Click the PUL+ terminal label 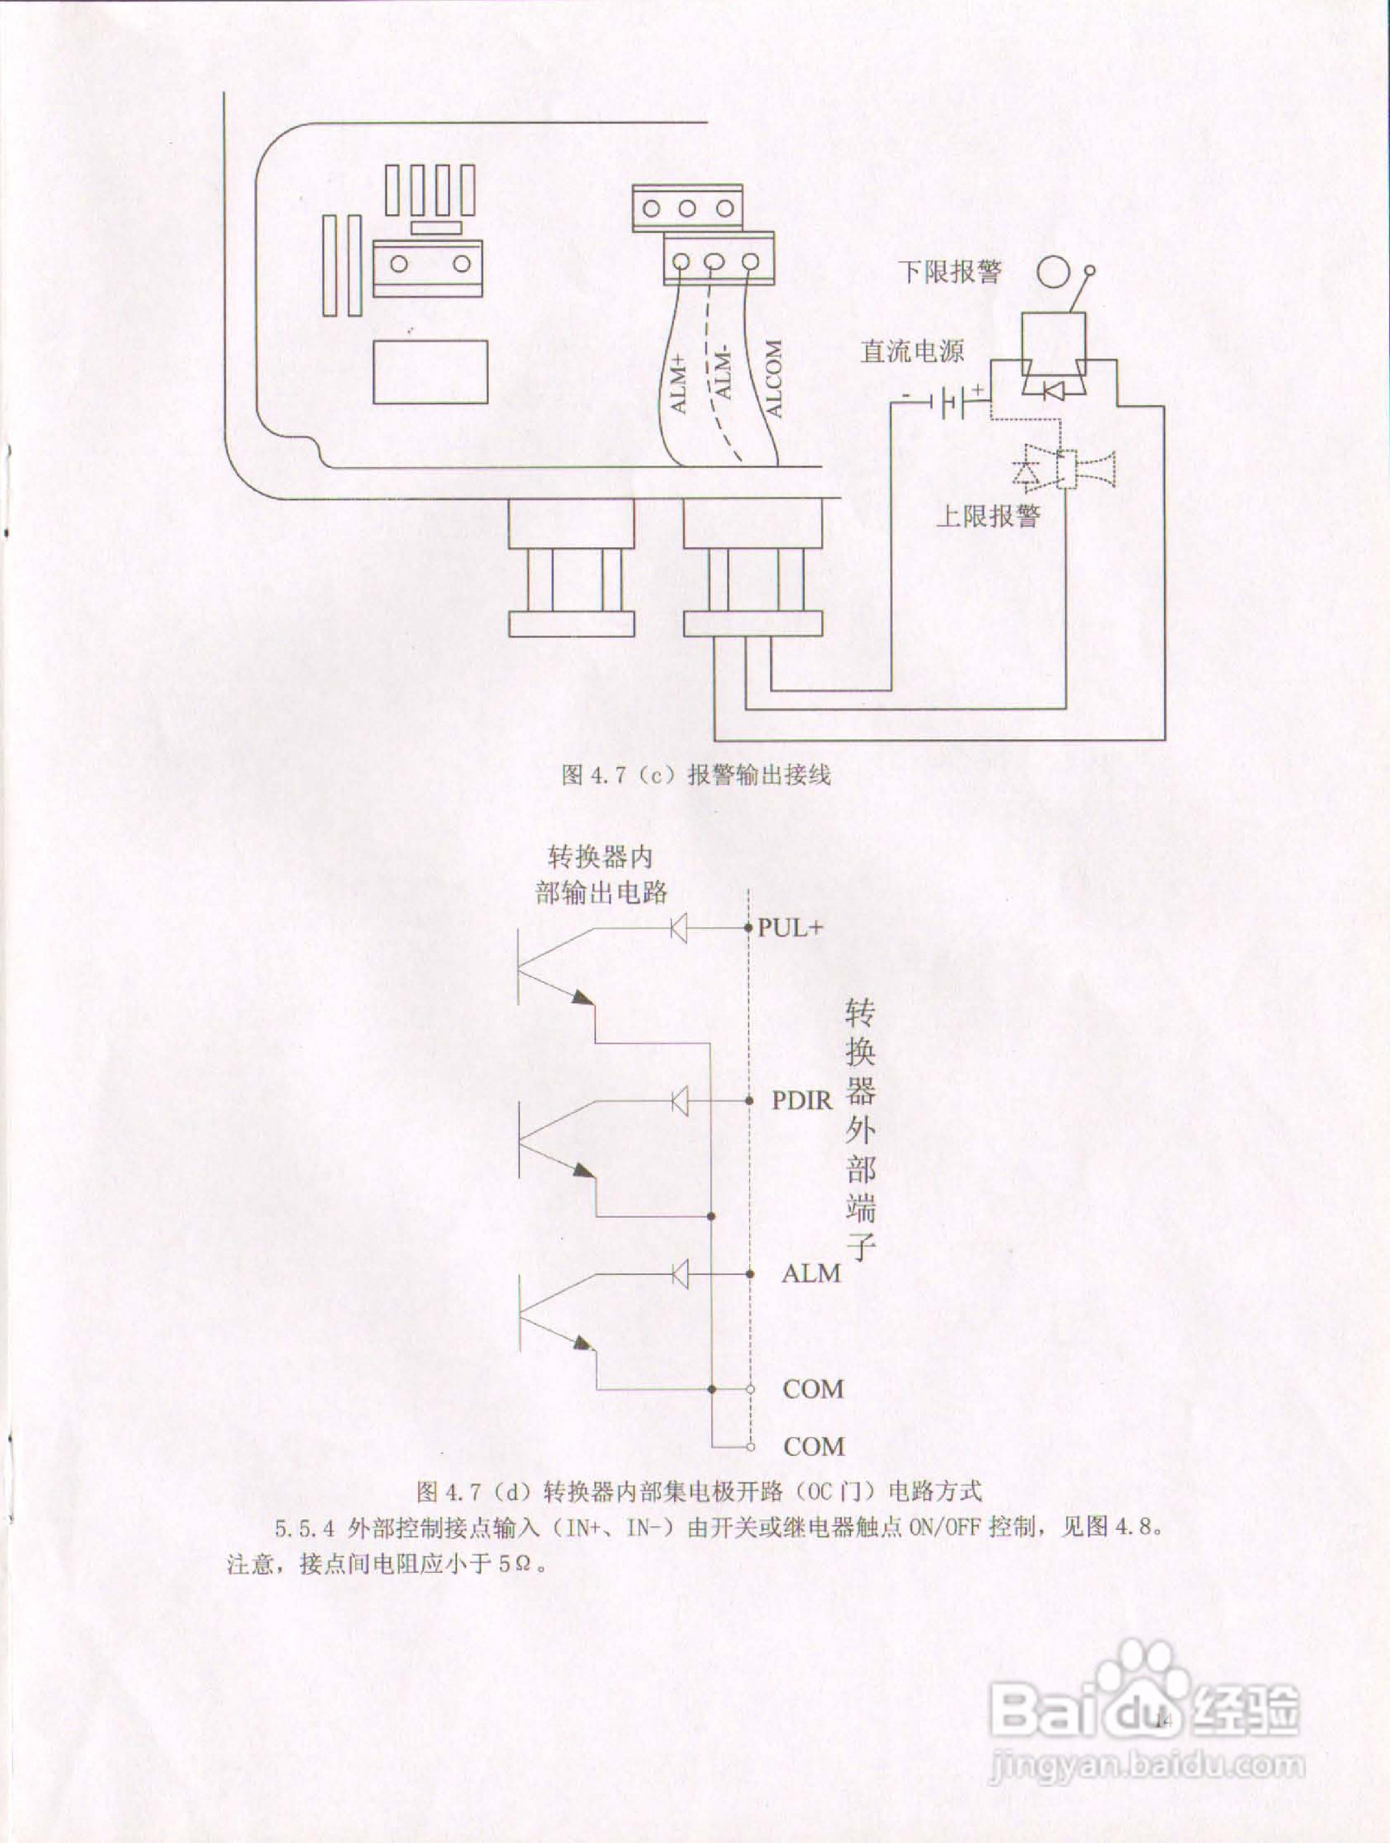[x=790, y=927]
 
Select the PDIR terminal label [x=802, y=1100]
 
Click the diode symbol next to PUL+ [x=679, y=927]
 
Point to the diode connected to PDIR [x=679, y=1100]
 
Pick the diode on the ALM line [x=679, y=1274]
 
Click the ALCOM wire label [x=773, y=379]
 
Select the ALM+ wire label [x=679, y=383]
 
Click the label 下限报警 [x=949, y=272]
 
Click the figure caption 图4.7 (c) [x=696, y=775]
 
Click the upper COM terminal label [x=813, y=1389]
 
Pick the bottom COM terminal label [x=813, y=1446]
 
